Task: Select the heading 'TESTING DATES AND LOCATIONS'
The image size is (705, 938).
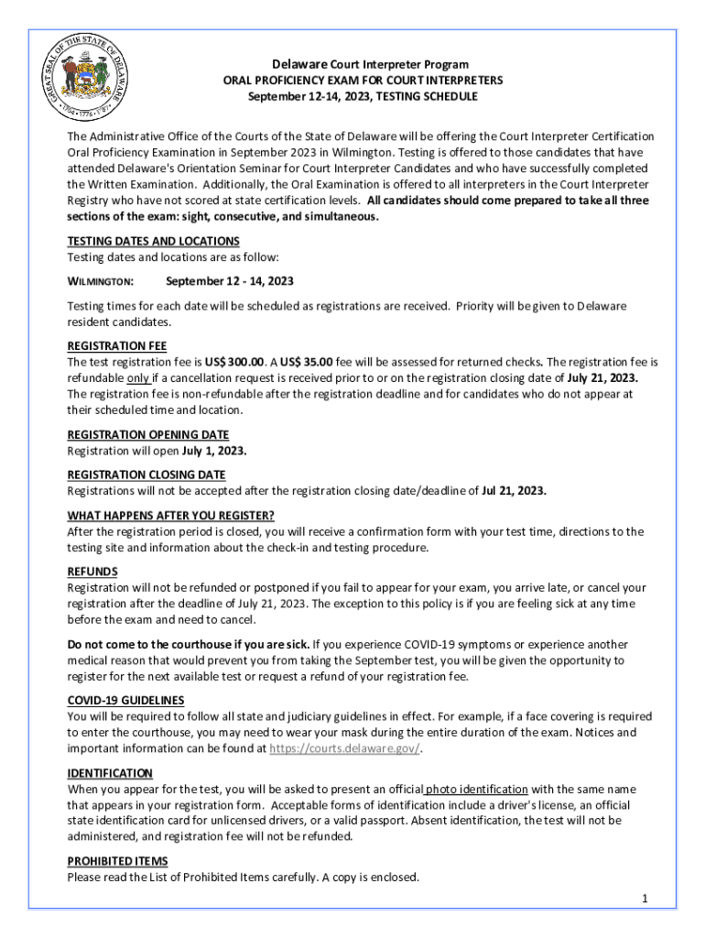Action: [x=154, y=241]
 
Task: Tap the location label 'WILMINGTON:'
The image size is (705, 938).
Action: [x=101, y=281]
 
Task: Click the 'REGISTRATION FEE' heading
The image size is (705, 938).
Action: [x=117, y=346]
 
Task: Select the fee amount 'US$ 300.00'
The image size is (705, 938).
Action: [x=234, y=362]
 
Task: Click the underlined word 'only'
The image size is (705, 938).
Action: [x=138, y=378]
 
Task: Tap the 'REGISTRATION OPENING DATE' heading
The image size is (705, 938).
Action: [x=148, y=434]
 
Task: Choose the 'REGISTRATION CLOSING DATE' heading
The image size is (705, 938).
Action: [x=146, y=474]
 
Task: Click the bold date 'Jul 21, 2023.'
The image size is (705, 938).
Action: [x=514, y=491]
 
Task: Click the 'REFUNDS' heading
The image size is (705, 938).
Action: [x=92, y=572]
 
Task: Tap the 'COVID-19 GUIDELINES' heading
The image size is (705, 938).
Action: [x=126, y=700]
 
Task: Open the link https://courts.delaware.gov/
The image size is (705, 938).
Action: [x=344, y=748]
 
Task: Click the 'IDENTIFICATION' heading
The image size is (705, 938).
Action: [x=110, y=773]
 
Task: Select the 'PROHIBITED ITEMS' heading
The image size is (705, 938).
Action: [x=117, y=861]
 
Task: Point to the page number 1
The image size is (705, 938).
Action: [x=645, y=899]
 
